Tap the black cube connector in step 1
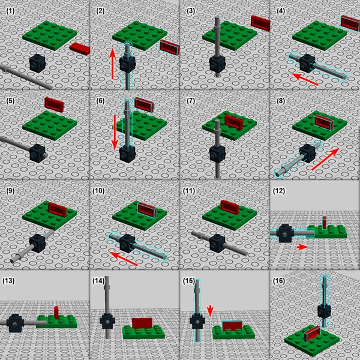click(37, 61)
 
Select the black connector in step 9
click(39, 242)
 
